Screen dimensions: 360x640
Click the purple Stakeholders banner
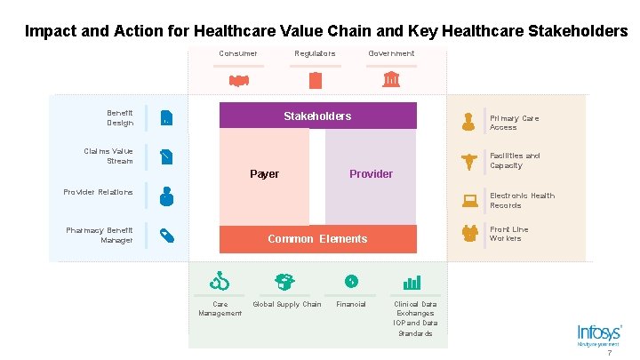click(317, 116)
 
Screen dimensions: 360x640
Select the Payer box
click(264, 174)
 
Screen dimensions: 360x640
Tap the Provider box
click(371, 174)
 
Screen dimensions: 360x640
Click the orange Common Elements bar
click(317, 238)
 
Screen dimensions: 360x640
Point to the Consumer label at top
click(238, 53)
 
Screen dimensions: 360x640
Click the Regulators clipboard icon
click(315, 81)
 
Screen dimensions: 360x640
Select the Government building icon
click(390, 81)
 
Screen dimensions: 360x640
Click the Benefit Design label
click(120, 117)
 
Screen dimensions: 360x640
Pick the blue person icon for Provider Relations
click(166, 195)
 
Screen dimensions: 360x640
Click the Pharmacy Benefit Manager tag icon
click(166, 236)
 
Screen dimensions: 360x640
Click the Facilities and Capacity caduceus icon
click(468, 161)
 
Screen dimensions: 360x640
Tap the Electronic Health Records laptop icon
click(468, 201)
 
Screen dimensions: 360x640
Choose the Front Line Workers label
click(508, 234)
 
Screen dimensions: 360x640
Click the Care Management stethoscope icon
click(220, 283)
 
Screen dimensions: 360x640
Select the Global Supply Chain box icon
click(285, 283)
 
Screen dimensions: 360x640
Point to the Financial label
click(350, 304)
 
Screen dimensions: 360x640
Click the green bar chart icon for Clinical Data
click(412, 283)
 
